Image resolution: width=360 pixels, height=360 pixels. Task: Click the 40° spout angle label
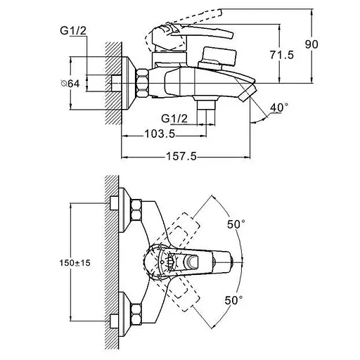pos(281,107)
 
